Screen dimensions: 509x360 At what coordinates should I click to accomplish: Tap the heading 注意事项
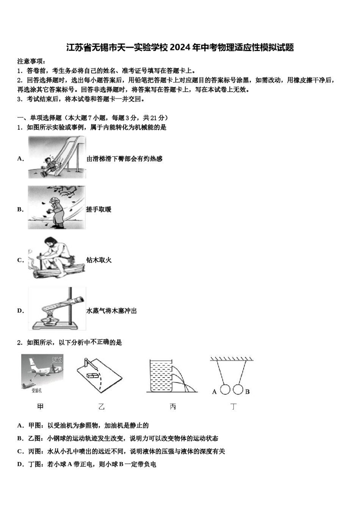coord(31,61)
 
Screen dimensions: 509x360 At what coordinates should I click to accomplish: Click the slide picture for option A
coord(57,157)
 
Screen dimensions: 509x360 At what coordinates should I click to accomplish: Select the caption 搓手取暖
coord(99,209)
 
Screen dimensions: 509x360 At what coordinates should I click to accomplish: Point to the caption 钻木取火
coord(99,260)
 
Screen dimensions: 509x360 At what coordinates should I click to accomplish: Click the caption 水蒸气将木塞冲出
coord(111,311)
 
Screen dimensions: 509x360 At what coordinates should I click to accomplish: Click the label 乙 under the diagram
coord(101,407)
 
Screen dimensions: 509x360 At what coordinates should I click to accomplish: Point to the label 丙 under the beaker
coord(173,407)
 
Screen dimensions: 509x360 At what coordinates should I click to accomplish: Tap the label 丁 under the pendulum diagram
coord(233,407)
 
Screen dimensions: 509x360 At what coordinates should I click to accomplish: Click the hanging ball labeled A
coord(225,390)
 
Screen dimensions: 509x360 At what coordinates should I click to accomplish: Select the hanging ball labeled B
coord(238,390)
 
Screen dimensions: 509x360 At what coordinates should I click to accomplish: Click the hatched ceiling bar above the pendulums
coord(232,359)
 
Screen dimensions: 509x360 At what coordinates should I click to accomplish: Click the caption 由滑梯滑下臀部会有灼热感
coord(124,159)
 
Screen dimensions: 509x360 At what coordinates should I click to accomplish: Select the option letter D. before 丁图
coord(20,464)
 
